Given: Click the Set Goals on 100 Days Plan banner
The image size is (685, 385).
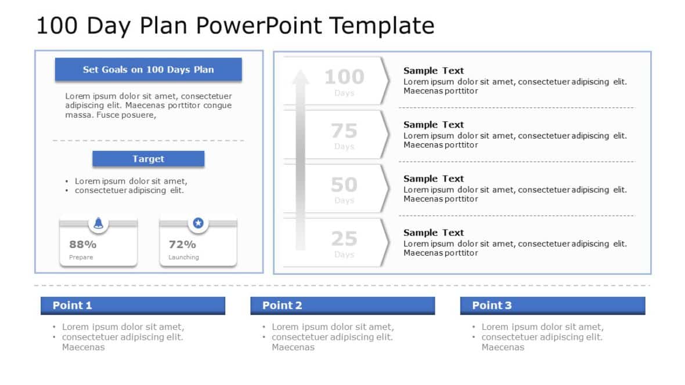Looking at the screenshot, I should click(x=148, y=70).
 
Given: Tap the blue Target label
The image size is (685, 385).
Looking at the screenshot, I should click(x=148, y=159).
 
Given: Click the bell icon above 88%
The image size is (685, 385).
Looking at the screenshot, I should click(x=99, y=223).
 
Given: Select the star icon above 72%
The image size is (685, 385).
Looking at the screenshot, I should click(x=199, y=223).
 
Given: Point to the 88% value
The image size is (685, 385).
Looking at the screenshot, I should click(x=83, y=245).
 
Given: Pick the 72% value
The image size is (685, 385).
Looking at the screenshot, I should click(x=182, y=245).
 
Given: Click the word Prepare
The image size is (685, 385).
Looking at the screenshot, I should click(x=81, y=257).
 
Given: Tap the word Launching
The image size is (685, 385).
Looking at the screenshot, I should click(x=183, y=257).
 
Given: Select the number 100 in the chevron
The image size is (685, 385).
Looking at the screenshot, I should click(x=344, y=77).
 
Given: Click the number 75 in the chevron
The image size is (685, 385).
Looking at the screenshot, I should click(x=344, y=130).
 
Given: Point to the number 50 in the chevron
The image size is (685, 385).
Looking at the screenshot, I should click(x=344, y=184).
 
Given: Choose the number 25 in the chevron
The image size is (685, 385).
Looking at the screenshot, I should click(x=344, y=238).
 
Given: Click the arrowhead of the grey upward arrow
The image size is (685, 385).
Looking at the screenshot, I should click(x=300, y=78).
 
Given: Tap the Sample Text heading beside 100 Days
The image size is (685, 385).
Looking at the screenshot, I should click(x=434, y=71).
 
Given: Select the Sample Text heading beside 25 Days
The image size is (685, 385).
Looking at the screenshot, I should click(x=434, y=233).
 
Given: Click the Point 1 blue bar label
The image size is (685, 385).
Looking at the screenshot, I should click(x=73, y=306).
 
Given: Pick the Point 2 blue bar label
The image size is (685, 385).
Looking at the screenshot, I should click(x=282, y=306).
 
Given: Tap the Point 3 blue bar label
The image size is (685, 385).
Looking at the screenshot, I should click(x=492, y=306).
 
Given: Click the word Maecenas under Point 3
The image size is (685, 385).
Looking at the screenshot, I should click(x=503, y=347).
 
